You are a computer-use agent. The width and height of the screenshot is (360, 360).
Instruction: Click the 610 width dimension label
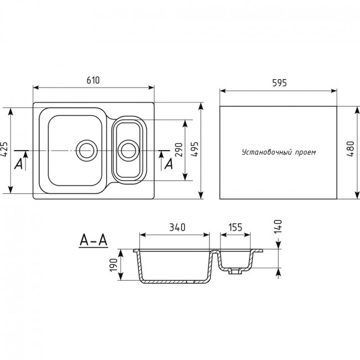[93, 80]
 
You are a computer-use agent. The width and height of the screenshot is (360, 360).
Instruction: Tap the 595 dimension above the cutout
[279, 83]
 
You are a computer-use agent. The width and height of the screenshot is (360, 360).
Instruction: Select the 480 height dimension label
[351, 149]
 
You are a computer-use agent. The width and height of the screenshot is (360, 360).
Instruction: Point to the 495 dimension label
[194, 149]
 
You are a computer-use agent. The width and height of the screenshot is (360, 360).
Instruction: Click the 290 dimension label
[179, 150]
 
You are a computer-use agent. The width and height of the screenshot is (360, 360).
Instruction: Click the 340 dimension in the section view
[177, 227]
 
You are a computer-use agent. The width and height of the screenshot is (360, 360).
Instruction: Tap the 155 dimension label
[235, 227]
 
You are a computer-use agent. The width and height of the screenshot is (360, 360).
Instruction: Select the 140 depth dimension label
[278, 227]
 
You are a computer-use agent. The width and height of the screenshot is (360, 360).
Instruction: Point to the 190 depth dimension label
[114, 265]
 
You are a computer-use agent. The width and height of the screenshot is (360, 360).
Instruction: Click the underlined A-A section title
[93, 240]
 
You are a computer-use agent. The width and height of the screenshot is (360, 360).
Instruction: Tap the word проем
[306, 152]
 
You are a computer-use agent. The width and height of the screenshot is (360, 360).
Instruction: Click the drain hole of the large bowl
[87, 151]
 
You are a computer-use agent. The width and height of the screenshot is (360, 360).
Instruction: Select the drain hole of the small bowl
[128, 151]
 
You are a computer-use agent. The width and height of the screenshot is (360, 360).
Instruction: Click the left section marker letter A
[18, 164]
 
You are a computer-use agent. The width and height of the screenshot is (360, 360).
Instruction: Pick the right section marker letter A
[169, 164]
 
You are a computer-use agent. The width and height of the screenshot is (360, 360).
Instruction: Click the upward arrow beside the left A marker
[25, 161]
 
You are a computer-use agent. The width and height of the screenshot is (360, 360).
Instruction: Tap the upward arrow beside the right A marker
[161, 161]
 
